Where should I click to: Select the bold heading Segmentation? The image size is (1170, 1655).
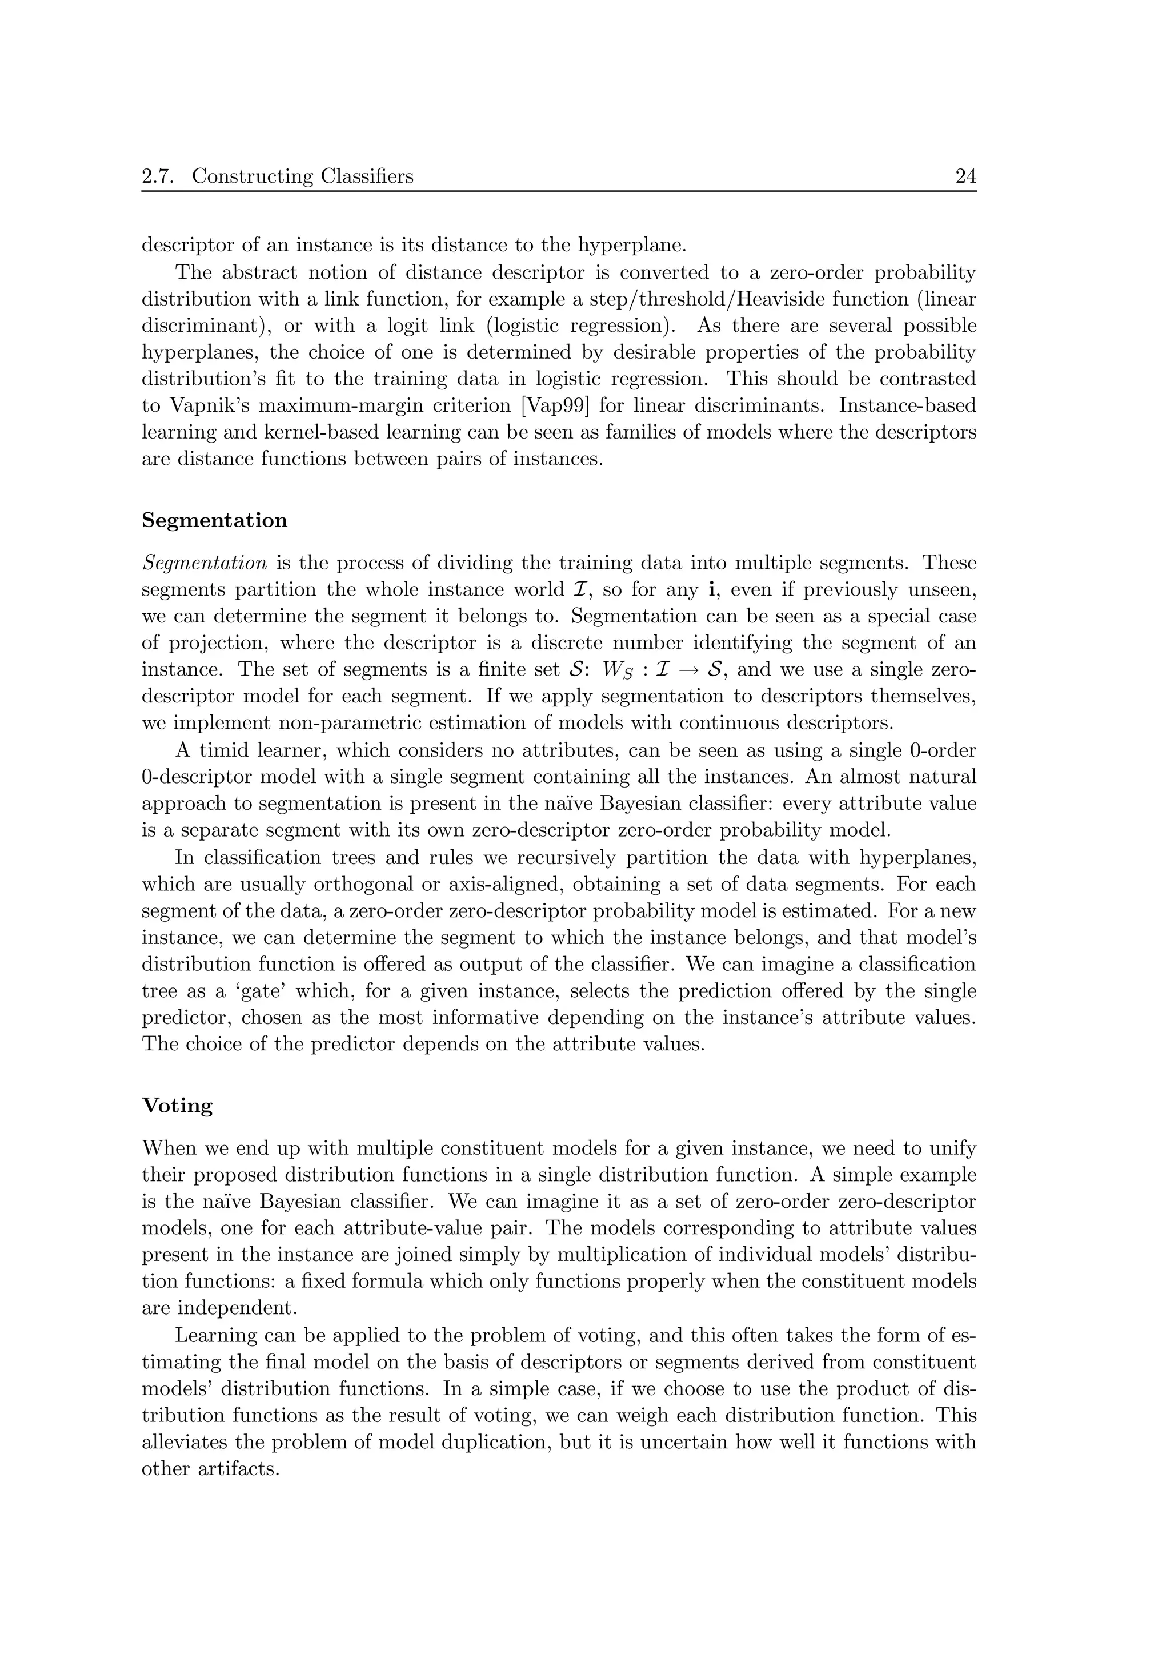coord(214,520)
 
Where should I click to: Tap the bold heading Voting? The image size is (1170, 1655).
coord(177,1106)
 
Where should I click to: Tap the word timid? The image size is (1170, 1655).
coord(229,750)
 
